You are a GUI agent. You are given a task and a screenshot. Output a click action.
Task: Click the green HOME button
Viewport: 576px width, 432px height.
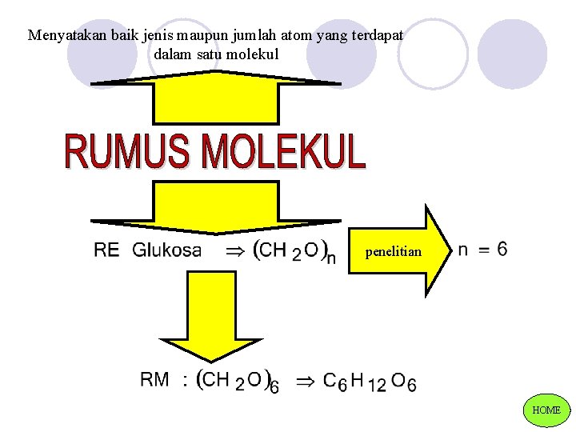(546, 410)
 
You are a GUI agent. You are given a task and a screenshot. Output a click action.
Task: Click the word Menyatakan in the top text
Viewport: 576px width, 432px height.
(62, 36)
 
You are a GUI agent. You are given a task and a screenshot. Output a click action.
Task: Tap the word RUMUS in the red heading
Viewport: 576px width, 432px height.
(128, 153)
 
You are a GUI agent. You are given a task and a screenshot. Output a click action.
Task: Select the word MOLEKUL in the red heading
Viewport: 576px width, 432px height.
(283, 153)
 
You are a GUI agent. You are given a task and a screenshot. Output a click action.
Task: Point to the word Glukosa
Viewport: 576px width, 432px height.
(166, 250)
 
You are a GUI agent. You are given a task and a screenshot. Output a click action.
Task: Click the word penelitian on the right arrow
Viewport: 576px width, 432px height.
(393, 251)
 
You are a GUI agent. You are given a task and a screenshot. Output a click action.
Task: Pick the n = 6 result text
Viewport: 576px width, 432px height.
(482, 249)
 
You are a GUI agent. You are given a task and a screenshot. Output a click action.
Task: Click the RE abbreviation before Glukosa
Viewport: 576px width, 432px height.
(106, 250)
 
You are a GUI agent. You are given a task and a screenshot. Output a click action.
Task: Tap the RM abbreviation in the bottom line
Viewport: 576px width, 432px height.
(154, 379)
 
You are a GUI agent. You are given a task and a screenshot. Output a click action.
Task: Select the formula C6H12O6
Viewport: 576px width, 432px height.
(369, 381)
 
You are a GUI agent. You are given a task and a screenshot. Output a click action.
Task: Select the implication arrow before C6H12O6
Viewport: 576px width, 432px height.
(306, 380)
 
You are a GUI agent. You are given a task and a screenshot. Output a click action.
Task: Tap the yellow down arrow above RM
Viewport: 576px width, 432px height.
(210, 320)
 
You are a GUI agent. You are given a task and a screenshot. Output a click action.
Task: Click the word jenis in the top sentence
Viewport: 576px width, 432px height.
(161, 36)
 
